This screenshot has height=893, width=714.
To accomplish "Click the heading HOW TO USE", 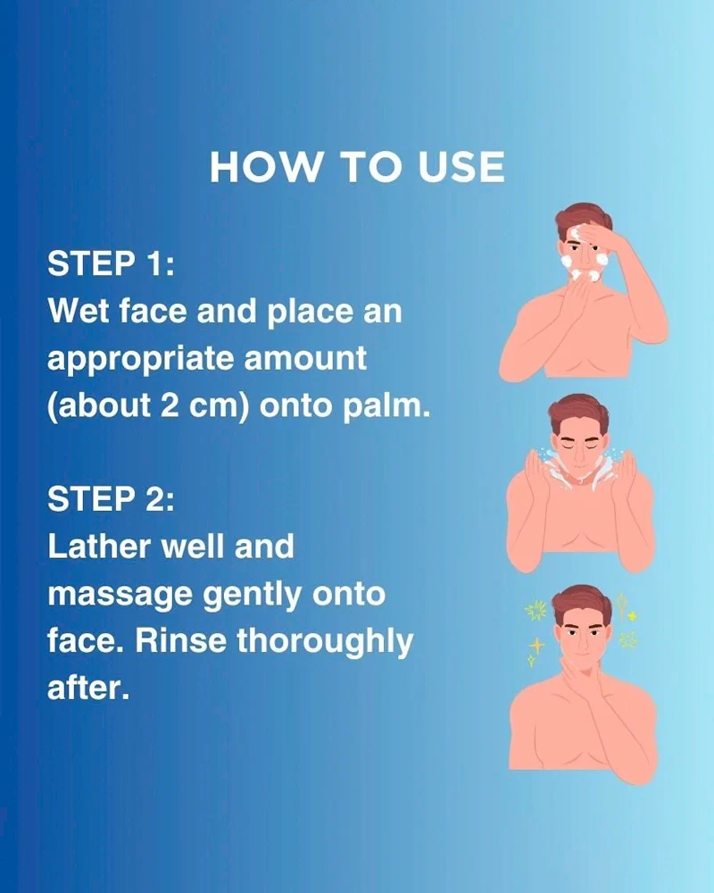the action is [x=357, y=167].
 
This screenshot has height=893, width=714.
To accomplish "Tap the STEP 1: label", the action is [x=111, y=263].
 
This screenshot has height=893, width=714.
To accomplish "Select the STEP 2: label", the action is [x=111, y=499].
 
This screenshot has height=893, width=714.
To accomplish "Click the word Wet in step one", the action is [x=78, y=311].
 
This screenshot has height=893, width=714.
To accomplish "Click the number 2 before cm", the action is [x=170, y=405].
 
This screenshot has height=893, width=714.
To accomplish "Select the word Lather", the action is [x=100, y=547].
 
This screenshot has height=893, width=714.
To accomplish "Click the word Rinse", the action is [x=180, y=640].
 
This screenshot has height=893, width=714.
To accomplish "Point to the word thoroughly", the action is [x=325, y=642].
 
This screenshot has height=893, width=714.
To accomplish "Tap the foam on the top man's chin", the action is [x=585, y=276].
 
